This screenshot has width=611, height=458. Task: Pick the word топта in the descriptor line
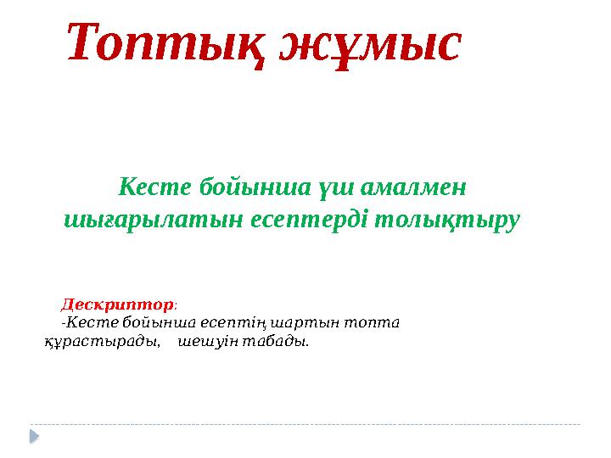377,322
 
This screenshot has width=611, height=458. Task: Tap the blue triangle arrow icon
35,435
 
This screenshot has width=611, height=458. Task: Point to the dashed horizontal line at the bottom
305,423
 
